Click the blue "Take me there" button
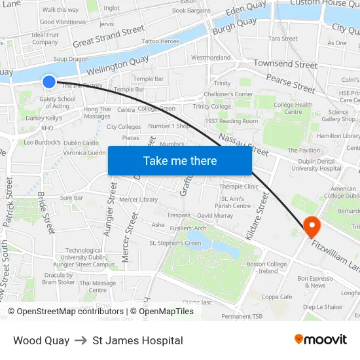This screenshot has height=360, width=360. [x=180, y=160]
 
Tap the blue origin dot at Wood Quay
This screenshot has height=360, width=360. [x=50, y=81]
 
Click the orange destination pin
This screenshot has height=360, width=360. [x=312, y=226]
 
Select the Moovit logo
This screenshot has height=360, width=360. [x=320, y=339]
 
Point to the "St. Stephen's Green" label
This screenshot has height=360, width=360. [x=175, y=243]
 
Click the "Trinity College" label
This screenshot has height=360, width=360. [x=212, y=106]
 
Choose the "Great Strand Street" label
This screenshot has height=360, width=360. [x=109, y=37]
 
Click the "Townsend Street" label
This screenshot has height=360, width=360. [x=285, y=64]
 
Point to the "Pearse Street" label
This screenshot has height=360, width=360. [x=290, y=82]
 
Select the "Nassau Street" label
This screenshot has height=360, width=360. [x=243, y=143]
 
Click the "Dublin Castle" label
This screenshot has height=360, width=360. [x=81, y=143]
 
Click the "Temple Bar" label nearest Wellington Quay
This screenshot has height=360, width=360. [x=149, y=79]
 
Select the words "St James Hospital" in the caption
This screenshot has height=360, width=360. [x=137, y=340]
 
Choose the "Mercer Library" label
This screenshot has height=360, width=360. [x=139, y=199]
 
